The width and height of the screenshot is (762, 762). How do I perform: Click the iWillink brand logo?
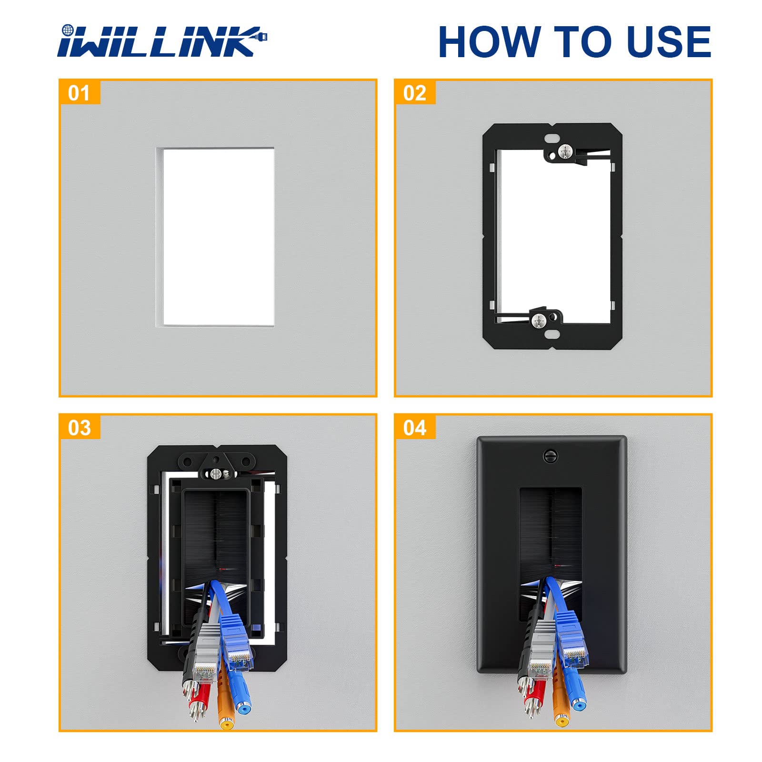tap(162, 41)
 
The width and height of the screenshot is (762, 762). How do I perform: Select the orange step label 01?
tap(79, 93)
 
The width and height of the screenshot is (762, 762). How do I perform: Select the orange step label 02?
tap(414, 93)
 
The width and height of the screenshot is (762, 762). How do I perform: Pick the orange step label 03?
tap(79, 428)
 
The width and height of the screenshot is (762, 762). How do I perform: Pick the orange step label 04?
tap(414, 428)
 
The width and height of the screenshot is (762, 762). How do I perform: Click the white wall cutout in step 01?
tap(218, 237)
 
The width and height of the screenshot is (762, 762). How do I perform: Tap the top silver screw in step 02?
tap(565, 152)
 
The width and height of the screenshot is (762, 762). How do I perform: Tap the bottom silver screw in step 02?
tap(539, 321)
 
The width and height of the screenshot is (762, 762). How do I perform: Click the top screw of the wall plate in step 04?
tap(550, 456)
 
